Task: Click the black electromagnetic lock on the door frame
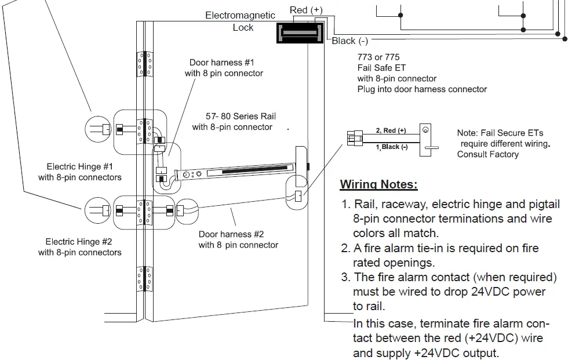(299, 33)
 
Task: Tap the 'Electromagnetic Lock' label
(240, 21)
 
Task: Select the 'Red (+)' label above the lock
(305, 10)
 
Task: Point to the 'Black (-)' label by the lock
(349, 41)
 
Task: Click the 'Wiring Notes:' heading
(378, 185)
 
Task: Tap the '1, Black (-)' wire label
(392, 147)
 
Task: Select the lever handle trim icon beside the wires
(427, 139)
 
